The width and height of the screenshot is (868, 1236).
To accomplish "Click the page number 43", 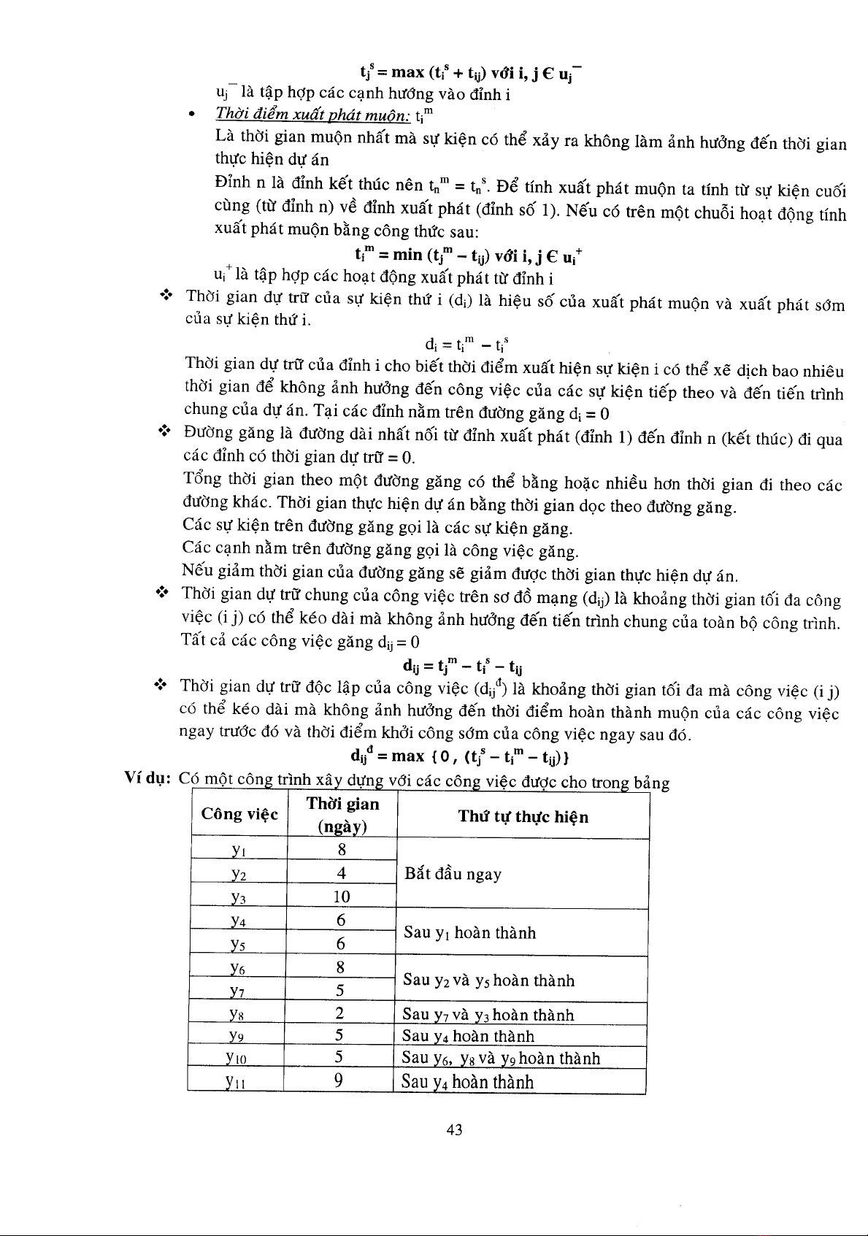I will tap(454, 1130).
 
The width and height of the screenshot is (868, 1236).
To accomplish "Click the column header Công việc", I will tap(239, 814).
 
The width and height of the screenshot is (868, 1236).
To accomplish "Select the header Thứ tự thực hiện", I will tap(523, 816).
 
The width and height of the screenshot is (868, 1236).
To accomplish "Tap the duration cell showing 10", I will tap(342, 897).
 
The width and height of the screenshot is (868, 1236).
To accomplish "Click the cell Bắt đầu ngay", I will tap(452, 874).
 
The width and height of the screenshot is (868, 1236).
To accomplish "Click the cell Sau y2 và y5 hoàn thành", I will tap(488, 980).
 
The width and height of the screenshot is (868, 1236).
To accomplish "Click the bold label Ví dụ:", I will tap(148, 781).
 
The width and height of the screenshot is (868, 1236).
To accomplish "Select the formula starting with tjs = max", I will tap(471, 72).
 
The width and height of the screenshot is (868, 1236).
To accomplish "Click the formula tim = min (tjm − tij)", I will tap(466, 255).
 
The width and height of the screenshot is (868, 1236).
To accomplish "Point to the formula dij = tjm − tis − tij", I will tap(462, 666).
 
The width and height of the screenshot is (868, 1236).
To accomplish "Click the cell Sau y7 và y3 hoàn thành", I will tap(488, 1015).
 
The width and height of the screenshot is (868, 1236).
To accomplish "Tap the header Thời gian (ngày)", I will tap(342, 815).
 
